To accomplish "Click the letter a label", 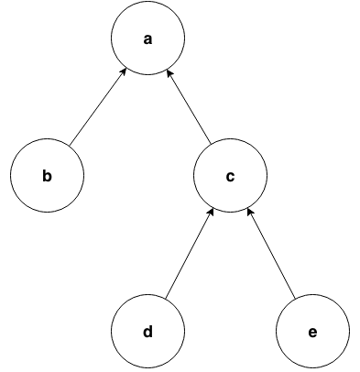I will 147,39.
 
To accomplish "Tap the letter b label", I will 48,175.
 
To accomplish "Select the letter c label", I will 230,175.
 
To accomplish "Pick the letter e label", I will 312,331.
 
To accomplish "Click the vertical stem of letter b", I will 45,174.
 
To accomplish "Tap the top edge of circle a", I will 147,4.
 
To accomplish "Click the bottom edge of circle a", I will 147,75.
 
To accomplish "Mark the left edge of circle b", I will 12,175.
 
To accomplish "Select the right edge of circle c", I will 266,175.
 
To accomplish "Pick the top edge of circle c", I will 230,139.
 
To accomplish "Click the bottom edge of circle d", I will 147,366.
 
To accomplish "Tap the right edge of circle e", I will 348,331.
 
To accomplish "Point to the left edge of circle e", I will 277,331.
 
